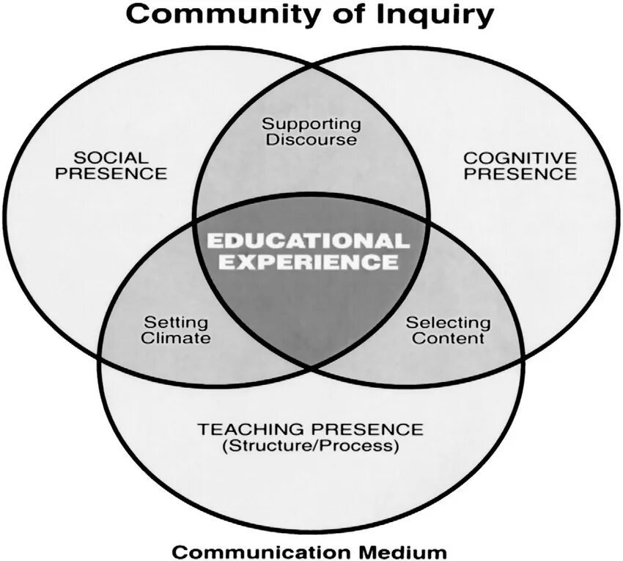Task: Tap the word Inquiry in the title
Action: (x=438, y=15)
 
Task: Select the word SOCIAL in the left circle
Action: (x=111, y=158)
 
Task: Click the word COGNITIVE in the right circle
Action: (x=520, y=158)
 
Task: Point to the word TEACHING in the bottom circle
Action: (x=252, y=429)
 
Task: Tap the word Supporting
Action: (x=311, y=124)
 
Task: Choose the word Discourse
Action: (x=311, y=139)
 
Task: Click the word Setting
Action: (x=176, y=322)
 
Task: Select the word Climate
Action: (x=176, y=338)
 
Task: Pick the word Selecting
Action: (x=448, y=322)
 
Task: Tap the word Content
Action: (x=448, y=338)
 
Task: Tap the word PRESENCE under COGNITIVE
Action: (x=520, y=174)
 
